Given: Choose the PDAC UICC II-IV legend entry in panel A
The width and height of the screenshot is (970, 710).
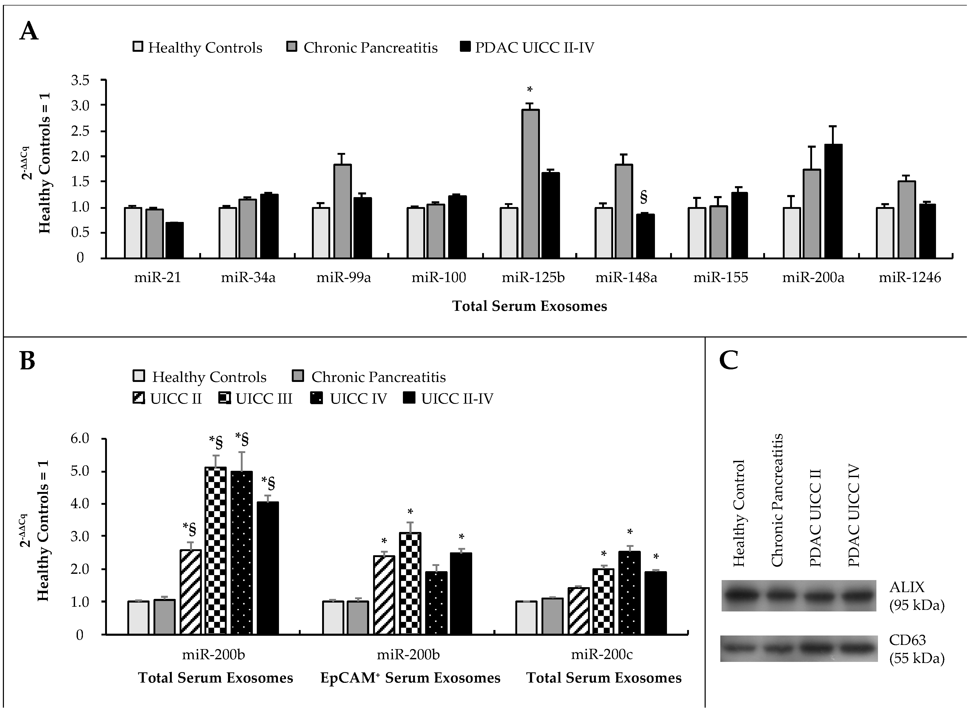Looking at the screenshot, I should (x=527, y=47).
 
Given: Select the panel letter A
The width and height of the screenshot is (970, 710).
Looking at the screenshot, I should (x=29, y=32).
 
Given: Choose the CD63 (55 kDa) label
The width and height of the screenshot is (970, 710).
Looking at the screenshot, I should (x=916, y=649).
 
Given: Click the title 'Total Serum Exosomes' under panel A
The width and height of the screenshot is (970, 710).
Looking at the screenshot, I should (x=529, y=306).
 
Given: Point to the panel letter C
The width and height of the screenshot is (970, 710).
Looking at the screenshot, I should (x=729, y=360).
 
